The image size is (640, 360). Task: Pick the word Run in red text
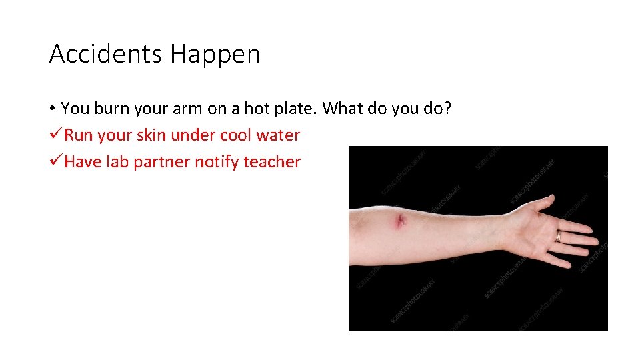coord(79,135)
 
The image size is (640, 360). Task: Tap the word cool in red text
coord(235,135)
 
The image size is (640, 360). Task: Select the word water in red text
coord(279,135)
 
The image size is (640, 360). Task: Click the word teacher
coord(273,162)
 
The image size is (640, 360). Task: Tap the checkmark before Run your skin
coord(56,135)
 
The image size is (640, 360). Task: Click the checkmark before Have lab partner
coord(56,162)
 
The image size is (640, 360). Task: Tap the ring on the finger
coord(559,235)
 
